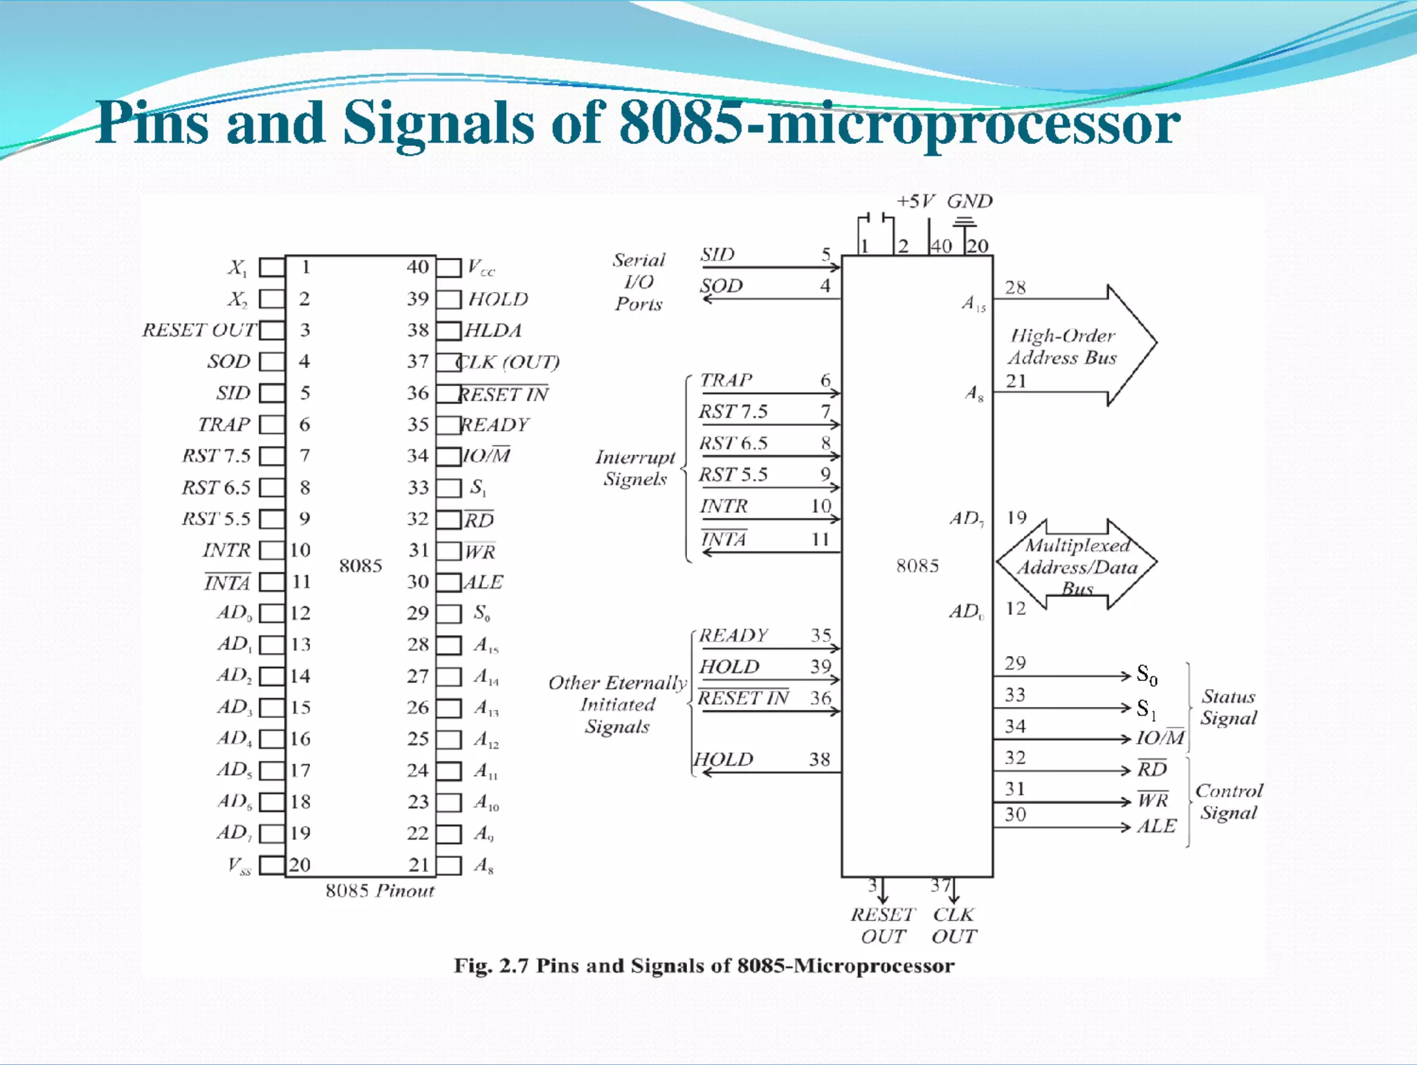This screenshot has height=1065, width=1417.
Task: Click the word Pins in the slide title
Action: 152,123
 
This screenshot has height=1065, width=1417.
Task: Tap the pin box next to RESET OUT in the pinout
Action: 272,330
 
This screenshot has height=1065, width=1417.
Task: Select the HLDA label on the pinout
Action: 493,330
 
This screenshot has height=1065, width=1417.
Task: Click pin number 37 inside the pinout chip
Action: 418,361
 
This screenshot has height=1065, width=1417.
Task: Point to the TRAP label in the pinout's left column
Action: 223,424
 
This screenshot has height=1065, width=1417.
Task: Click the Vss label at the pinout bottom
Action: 239,866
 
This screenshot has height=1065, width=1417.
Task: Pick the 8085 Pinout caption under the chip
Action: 380,891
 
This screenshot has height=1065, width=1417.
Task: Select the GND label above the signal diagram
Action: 969,201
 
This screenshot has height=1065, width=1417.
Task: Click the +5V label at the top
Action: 915,201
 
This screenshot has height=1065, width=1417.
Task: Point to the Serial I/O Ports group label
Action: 639,282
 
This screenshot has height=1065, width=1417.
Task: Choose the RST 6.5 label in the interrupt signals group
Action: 733,443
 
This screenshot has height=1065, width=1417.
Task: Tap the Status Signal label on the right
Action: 1228,707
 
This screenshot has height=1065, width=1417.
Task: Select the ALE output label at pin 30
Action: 1156,826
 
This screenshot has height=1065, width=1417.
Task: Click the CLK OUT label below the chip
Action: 953,925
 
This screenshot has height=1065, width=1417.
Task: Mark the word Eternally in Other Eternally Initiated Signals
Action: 646,683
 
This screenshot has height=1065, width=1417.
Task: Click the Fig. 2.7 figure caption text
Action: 704,965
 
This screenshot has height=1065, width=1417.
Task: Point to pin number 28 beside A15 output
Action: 1015,287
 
